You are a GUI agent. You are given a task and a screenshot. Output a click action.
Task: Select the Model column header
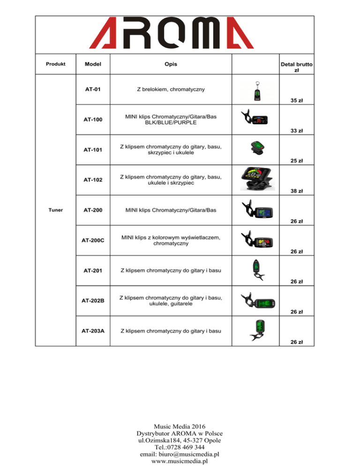[x=93, y=64]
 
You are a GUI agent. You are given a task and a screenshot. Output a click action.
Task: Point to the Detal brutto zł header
[x=296, y=67]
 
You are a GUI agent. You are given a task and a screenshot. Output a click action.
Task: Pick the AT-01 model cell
[x=93, y=89]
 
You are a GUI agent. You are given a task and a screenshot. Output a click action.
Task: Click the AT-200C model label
[x=93, y=241]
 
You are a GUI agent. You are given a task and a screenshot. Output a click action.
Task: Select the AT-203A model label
[x=93, y=331]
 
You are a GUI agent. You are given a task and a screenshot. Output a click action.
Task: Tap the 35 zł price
[x=296, y=100]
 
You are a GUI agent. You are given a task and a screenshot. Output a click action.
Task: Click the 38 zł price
[x=296, y=191]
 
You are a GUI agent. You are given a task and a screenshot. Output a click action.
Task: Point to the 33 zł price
[x=296, y=130]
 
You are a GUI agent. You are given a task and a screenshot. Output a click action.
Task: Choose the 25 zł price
[x=296, y=161]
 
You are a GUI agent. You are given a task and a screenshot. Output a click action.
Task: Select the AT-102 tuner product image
[x=257, y=178]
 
